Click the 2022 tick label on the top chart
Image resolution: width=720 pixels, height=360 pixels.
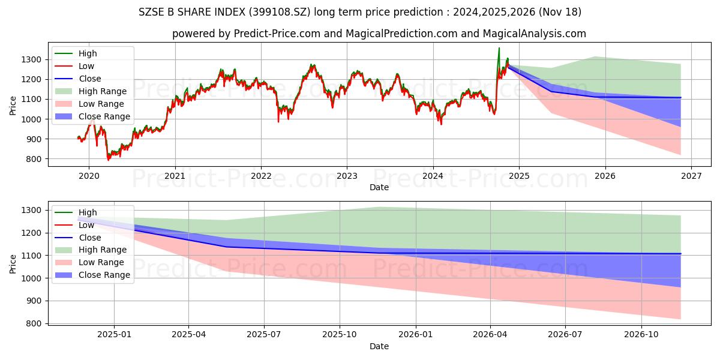coord(261,176)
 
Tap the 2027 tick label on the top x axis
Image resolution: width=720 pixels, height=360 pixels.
coord(691,176)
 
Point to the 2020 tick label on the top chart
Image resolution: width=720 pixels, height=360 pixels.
coord(89,176)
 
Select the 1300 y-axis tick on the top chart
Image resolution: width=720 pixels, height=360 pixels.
coord(34,59)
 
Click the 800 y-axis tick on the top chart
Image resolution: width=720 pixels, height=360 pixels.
coord(35,159)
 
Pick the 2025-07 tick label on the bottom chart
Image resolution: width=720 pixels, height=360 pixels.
coord(264,334)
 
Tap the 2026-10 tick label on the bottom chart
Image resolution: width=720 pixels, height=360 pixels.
coord(641,334)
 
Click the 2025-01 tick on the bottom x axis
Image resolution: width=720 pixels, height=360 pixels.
coord(114,334)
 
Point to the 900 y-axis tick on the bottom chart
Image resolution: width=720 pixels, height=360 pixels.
coord(35,301)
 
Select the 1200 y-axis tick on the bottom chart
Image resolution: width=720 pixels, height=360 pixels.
coord(34,233)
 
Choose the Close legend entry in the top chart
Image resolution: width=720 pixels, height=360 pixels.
coord(89,79)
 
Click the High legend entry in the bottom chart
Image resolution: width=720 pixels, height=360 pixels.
coord(88,212)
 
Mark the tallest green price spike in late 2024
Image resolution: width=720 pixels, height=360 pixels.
coord(499,49)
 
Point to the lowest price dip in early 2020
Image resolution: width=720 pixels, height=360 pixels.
coord(109,160)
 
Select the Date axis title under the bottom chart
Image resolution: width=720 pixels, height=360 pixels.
coord(379,346)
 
